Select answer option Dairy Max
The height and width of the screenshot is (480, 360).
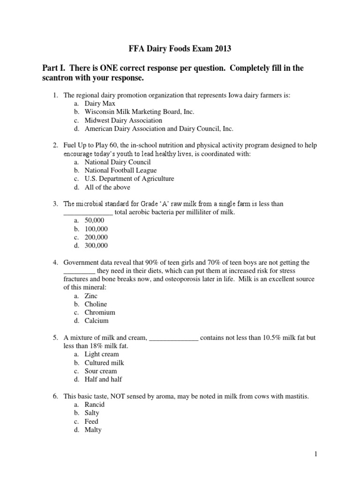(x=100, y=104)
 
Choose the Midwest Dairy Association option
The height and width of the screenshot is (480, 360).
(x=123, y=120)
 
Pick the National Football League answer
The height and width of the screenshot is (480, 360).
(x=120, y=171)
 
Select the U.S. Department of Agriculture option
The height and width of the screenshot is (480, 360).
(x=129, y=179)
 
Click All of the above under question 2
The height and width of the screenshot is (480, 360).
(x=107, y=187)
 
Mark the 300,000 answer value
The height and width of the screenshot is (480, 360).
(x=96, y=246)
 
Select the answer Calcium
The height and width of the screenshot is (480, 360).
(x=97, y=321)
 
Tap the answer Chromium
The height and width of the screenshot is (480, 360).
(x=100, y=313)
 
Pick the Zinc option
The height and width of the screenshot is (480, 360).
(x=91, y=296)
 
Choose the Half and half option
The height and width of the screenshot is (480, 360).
(x=103, y=380)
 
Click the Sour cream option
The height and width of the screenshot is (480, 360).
(x=101, y=371)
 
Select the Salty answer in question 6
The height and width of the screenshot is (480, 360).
(x=92, y=413)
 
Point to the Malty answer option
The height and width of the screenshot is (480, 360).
(x=93, y=430)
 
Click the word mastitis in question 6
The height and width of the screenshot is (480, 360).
(x=295, y=397)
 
